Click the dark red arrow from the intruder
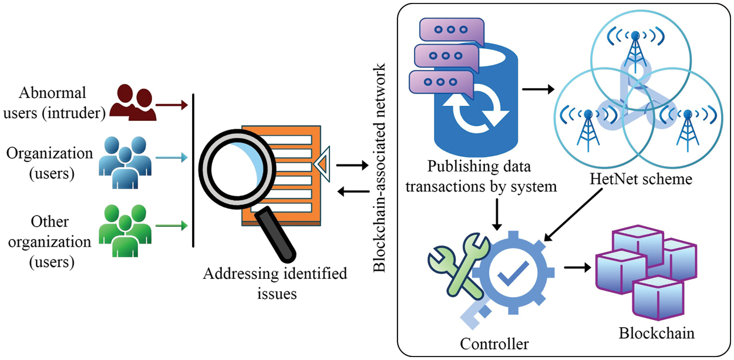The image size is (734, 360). tap(172, 105)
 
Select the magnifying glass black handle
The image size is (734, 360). tap(276, 235)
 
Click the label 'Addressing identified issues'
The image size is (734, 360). tap(275, 283)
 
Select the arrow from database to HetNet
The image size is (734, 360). tap(538, 90)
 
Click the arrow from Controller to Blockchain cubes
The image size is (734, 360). tap(577, 268)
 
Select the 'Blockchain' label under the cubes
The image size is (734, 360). tap(656, 334)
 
